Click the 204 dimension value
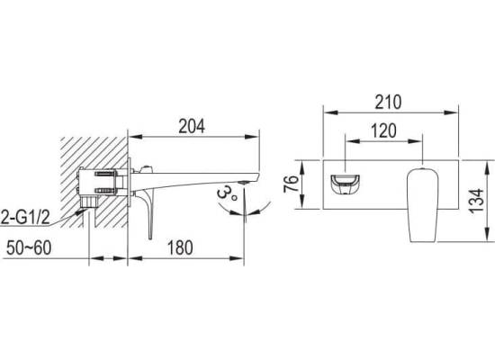point(192,126)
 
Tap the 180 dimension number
point(180,247)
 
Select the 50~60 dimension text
point(29,247)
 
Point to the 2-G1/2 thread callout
point(25,218)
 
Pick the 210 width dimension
point(388,102)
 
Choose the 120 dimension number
point(383,130)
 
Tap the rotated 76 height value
point(291,184)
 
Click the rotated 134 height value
point(476,201)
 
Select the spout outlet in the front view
point(346,184)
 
